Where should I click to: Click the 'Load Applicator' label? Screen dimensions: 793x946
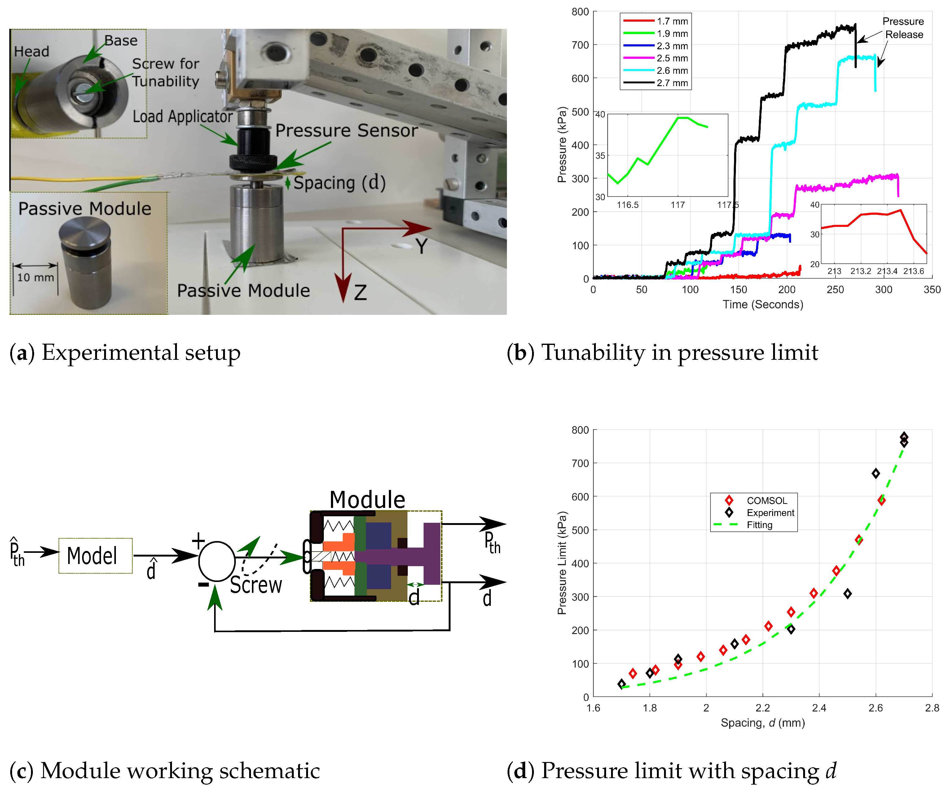[183, 116]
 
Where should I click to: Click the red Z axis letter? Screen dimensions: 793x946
[360, 293]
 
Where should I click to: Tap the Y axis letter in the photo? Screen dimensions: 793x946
[421, 246]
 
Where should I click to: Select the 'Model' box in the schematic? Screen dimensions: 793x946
[95, 556]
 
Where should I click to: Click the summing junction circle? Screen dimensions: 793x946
[217, 561]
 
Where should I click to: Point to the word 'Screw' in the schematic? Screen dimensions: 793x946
[256, 585]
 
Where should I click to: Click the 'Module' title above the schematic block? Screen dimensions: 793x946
[367, 499]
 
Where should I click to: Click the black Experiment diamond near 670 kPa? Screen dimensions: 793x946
[876, 474]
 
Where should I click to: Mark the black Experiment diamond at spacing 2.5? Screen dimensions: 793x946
[847, 594]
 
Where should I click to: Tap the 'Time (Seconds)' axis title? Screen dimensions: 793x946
[763, 305]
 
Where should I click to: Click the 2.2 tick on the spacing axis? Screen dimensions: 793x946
[763, 708]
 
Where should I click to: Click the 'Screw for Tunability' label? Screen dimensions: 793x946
[165, 72]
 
